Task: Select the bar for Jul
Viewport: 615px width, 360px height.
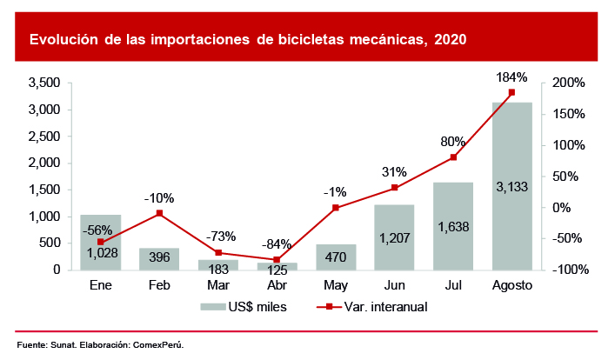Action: point(452,225)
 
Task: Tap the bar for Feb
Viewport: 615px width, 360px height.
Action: point(159,258)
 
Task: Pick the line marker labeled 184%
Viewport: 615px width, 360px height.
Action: point(511,92)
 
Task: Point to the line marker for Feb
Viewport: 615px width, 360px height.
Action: point(159,213)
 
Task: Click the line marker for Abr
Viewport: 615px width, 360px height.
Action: point(277,260)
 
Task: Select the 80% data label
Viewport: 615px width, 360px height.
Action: point(452,142)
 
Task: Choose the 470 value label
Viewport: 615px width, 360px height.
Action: point(335,257)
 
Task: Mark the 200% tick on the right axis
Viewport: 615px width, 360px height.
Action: point(567,83)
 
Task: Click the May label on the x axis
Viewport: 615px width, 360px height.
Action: point(335,285)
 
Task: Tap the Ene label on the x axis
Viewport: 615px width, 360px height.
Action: point(100,285)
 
